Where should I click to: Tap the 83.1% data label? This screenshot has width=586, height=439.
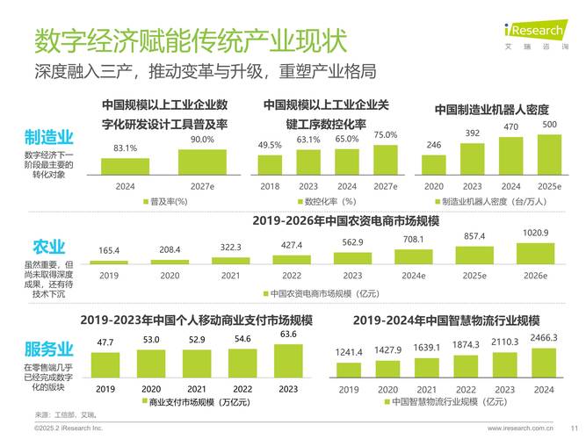(x=125, y=148)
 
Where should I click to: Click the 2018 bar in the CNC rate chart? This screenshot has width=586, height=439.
(x=270, y=163)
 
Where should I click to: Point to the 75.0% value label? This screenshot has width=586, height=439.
(x=385, y=135)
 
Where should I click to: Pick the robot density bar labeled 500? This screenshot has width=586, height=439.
(x=549, y=155)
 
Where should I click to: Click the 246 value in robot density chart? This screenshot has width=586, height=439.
(x=434, y=145)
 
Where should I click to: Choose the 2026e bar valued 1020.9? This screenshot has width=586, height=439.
(x=535, y=252)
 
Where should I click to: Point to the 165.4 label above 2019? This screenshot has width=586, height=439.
(x=109, y=251)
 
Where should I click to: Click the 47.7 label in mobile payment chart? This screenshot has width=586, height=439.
(x=105, y=342)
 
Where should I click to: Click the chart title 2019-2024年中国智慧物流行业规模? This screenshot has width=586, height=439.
(x=445, y=320)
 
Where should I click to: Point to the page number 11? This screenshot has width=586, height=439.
(x=574, y=428)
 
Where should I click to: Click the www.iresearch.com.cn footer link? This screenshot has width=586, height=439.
(x=521, y=428)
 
